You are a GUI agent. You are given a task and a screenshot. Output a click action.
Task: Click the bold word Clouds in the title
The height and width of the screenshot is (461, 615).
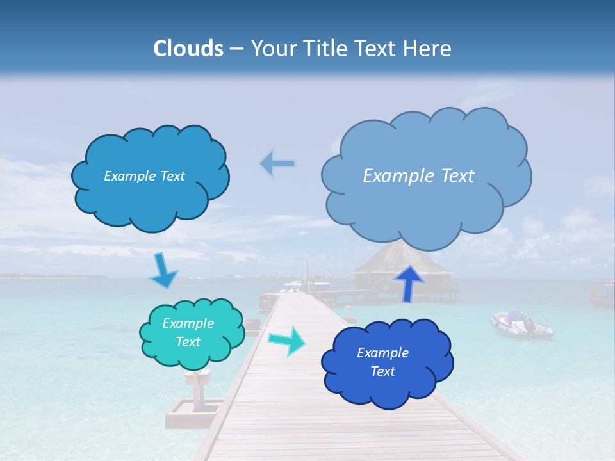coord(188,49)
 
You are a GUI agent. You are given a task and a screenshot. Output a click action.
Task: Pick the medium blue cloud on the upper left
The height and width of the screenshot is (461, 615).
coord(150,192)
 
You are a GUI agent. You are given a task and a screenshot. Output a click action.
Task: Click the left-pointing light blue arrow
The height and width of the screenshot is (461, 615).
coord(277,164)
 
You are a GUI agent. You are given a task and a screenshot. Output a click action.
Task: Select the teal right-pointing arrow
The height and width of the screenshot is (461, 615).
coord(286,341)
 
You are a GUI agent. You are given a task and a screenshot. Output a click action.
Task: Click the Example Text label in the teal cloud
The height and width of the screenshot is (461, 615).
coord(188,332)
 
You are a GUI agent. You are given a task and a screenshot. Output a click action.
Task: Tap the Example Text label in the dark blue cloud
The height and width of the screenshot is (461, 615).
coord(382,362)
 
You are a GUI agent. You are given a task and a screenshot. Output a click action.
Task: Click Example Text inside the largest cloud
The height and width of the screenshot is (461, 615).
coord(418,175)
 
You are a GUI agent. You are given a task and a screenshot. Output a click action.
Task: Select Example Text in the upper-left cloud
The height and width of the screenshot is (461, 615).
coord(144,176)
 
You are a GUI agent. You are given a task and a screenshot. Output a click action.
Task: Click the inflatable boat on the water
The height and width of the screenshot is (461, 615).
coord(521,325)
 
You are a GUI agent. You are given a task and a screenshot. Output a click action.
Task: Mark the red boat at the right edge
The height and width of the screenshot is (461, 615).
coord(602,293)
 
